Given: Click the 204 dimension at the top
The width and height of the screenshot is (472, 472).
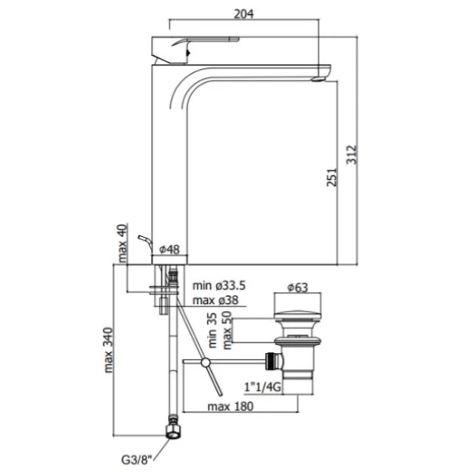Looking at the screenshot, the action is (243, 14).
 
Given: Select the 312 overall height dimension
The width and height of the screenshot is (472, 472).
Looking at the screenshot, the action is (352, 155).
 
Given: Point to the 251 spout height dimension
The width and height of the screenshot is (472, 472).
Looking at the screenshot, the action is (332, 177).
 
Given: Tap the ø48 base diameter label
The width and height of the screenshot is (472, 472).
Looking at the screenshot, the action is (170, 249).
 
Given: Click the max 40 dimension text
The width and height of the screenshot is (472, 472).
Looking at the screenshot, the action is (122, 243).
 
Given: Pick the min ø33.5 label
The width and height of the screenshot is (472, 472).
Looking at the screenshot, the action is (219, 285).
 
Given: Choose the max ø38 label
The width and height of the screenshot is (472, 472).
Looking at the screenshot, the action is (215, 300).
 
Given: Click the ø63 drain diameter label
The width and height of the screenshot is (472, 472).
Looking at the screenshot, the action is (297, 288).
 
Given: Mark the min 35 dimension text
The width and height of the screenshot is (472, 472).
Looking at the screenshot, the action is (212, 330).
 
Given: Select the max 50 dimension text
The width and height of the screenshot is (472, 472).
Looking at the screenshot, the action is (227, 330).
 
